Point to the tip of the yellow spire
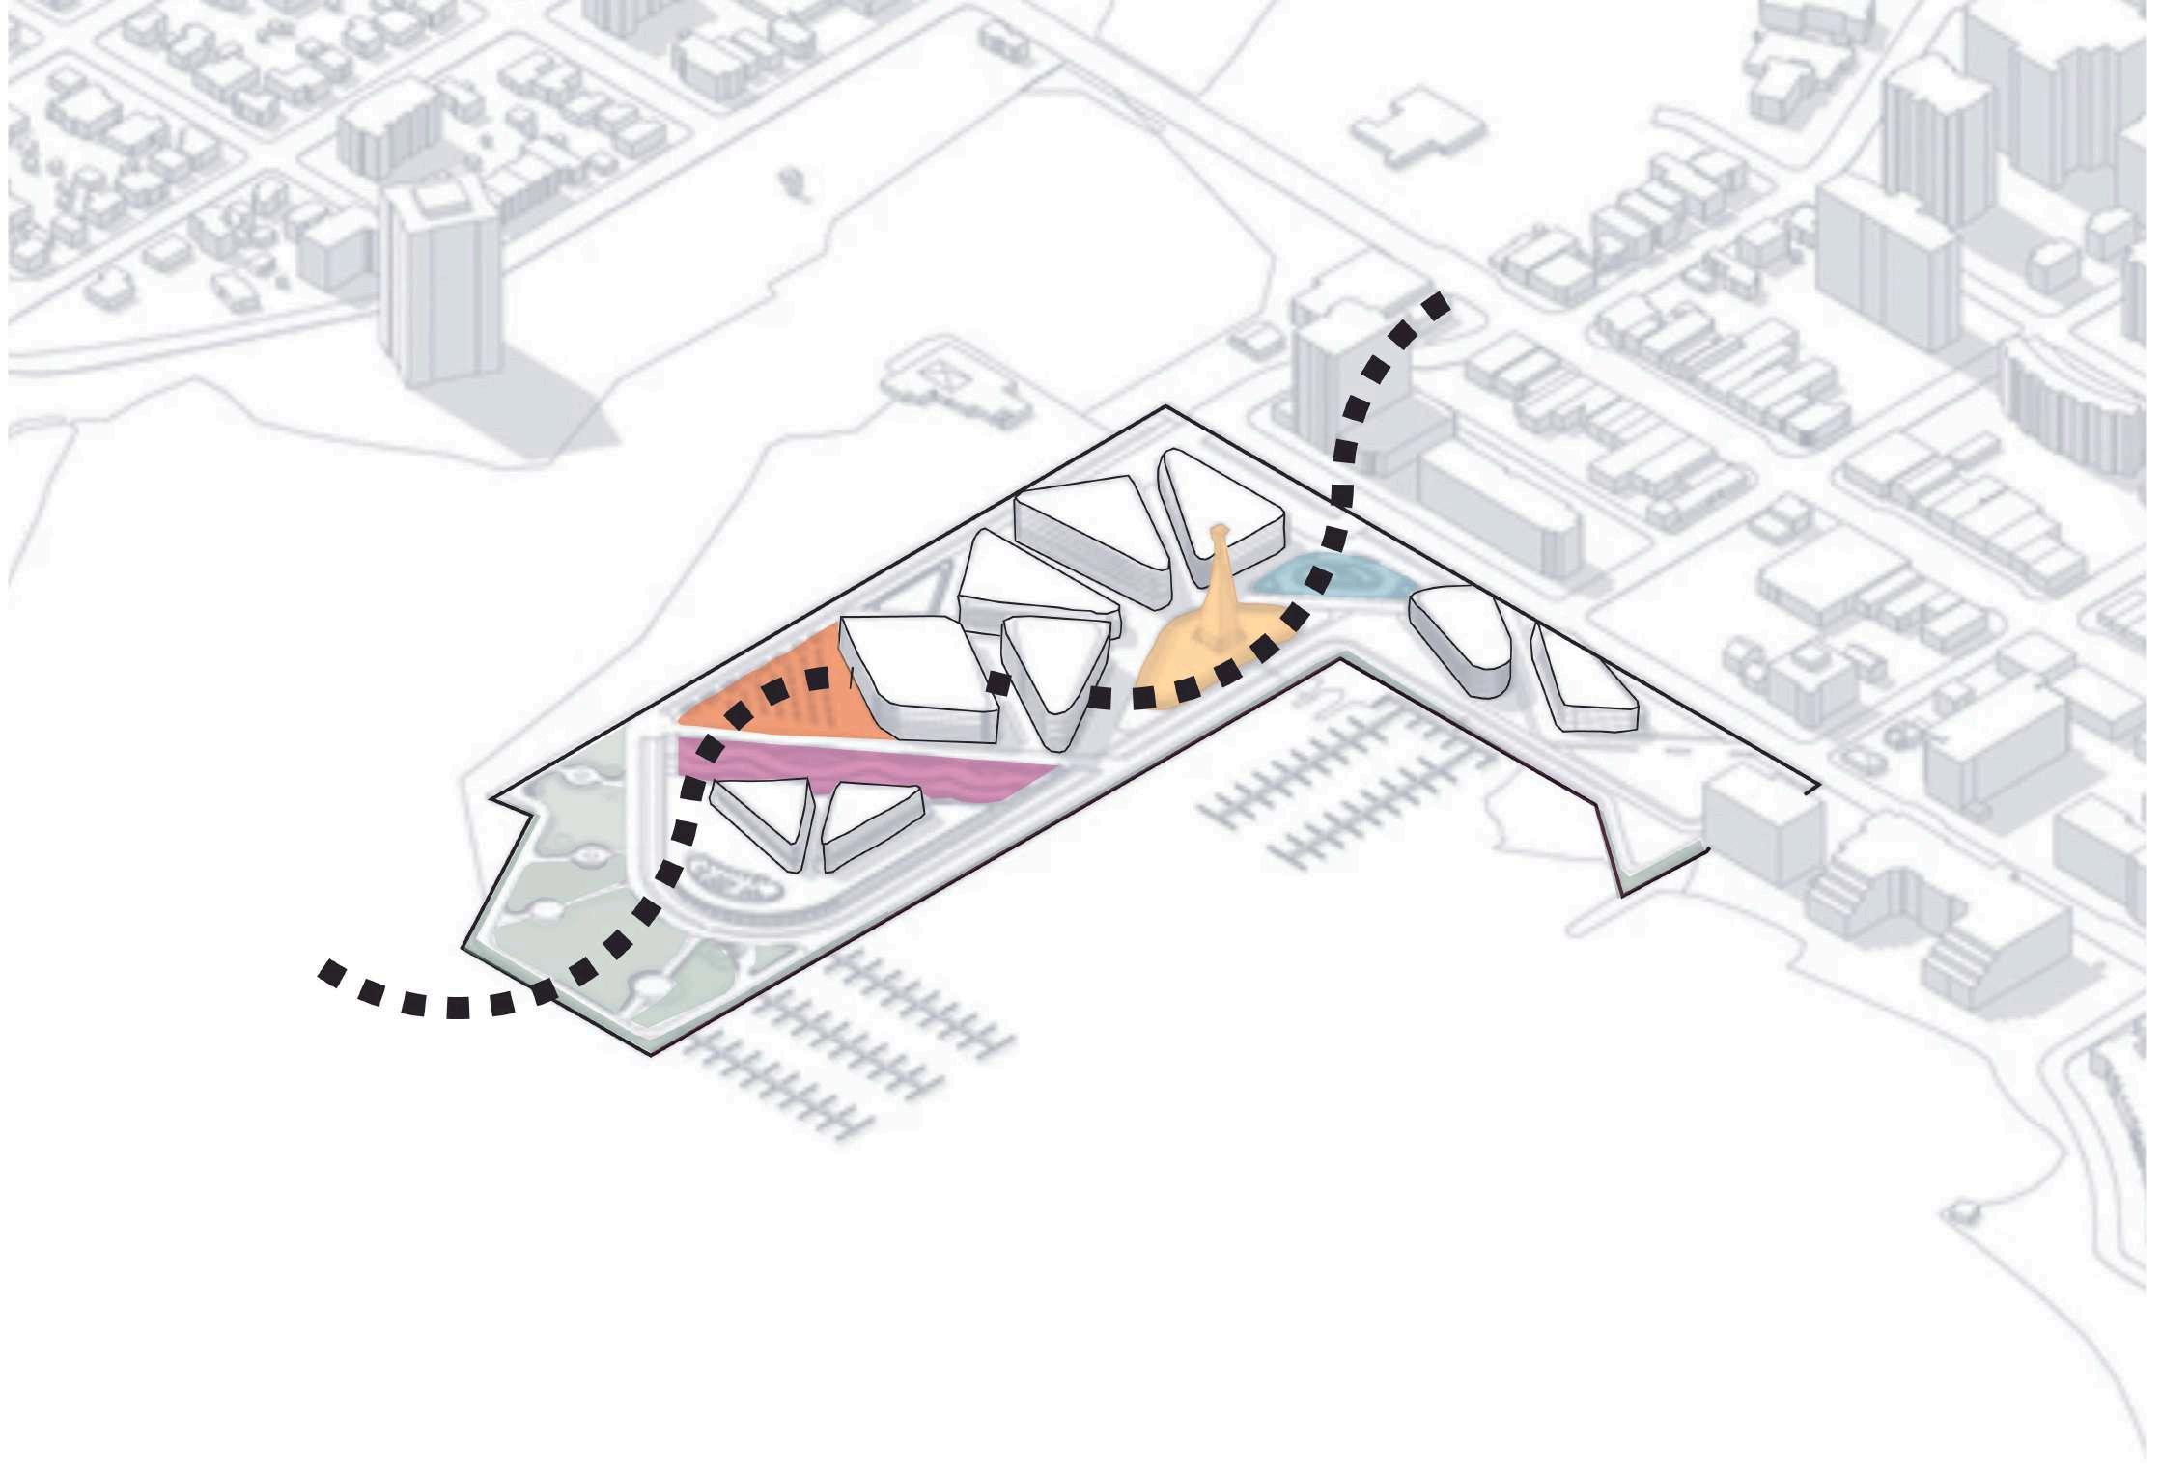click(x=1220, y=530)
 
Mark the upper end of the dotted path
click(x=1439, y=305)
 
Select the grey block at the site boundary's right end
click(x=1762, y=830)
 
